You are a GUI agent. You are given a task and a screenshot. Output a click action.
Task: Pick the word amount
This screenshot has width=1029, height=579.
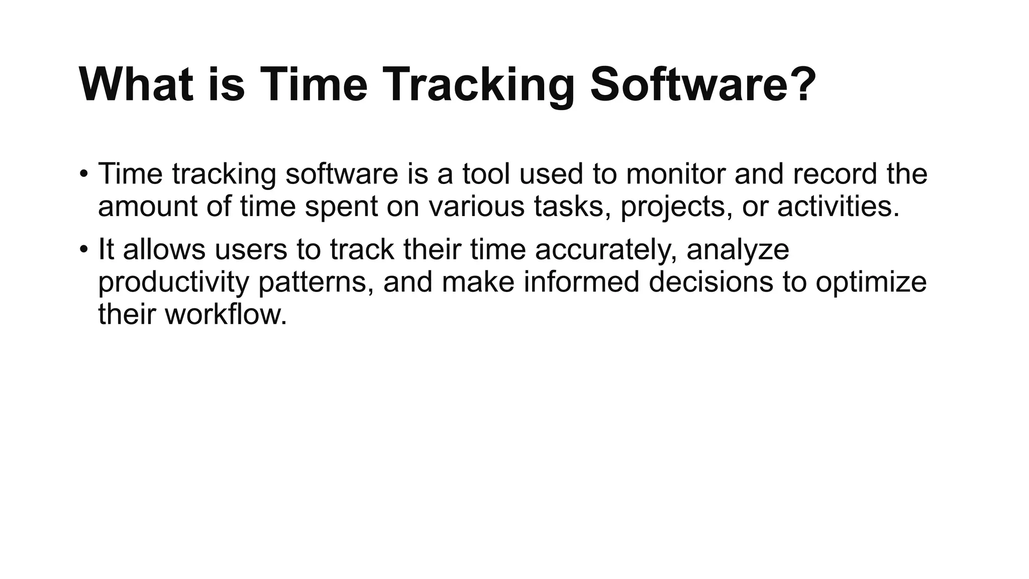(148, 206)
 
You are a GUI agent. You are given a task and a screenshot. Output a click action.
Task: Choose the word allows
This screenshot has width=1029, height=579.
(164, 249)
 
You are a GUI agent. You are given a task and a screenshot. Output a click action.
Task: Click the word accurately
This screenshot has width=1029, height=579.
(606, 249)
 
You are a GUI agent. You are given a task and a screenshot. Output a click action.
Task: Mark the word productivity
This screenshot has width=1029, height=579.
(173, 282)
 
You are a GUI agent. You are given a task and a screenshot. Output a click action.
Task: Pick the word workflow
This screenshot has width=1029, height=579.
(226, 315)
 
